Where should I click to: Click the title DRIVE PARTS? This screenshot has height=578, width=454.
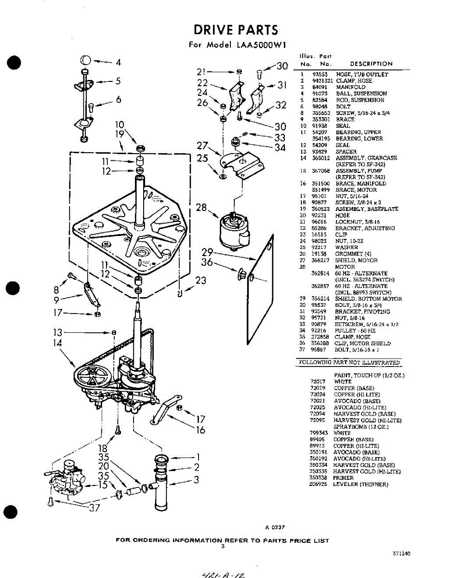click(x=236, y=30)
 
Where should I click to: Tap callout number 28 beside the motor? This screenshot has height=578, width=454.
click(x=201, y=208)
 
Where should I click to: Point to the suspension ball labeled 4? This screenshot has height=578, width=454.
click(x=85, y=61)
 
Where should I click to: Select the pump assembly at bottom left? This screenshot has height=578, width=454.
click(x=67, y=477)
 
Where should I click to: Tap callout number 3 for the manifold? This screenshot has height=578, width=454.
click(x=197, y=479)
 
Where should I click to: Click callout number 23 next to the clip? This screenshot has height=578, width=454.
click(x=200, y=280)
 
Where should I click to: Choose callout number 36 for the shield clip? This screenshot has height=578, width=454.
click(x=207, y=263)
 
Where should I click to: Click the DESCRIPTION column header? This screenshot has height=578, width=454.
click(x=371, y=64)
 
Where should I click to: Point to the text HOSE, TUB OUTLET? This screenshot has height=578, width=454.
click(x=361, y=75)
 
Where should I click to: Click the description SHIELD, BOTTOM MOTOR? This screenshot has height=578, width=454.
click(x=368, y=299)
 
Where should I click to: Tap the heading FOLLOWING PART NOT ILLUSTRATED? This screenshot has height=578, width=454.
click(x=349, y=363)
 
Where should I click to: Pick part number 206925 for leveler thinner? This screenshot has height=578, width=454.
click(x=318, y=484)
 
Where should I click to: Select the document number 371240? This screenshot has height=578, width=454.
click(x=401, y=554)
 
